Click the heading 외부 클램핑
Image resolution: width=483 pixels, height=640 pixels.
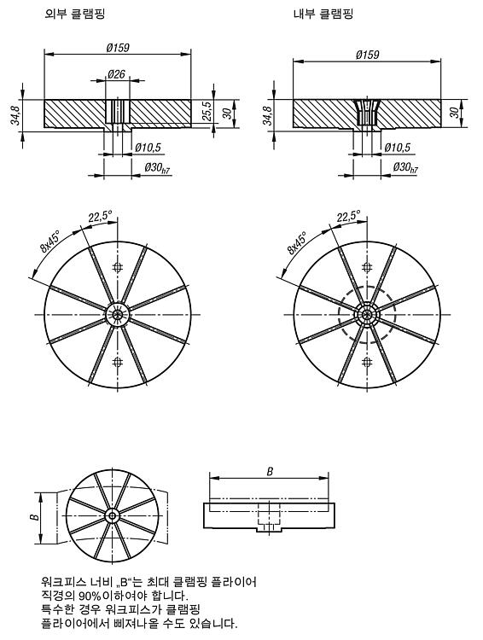tap(75, 14)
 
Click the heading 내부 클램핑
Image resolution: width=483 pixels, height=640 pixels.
tap(323, 14)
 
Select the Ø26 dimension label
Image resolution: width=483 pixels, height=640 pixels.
tap(116, 74)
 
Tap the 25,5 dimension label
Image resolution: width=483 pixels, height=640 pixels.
tap(207, 111)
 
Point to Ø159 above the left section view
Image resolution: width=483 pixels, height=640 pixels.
tap(118, 47)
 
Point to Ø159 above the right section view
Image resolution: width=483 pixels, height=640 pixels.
tap(368, 55)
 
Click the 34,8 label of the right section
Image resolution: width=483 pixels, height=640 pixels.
tap(267, 115)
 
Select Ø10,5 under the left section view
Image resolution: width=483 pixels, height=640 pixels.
tap(148, 148)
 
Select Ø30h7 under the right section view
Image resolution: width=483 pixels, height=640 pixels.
tap(405, 167)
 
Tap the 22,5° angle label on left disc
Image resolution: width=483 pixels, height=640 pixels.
tap(100, 216)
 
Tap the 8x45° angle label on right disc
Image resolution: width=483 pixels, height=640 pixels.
tap(297, 243)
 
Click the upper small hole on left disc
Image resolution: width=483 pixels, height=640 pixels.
tap(118, 267)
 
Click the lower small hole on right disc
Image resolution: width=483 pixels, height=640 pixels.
tap(367, 362)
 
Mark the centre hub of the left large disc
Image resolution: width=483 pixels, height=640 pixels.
tap(118, 314)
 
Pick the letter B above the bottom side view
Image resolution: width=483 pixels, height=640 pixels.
tap(270, 471)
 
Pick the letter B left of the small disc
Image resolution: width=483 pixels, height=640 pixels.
tap(36, 517)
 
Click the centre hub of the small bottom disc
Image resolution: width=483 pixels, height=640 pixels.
tap(112, 516)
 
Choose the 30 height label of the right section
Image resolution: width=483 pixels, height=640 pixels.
tap(455, 113)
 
